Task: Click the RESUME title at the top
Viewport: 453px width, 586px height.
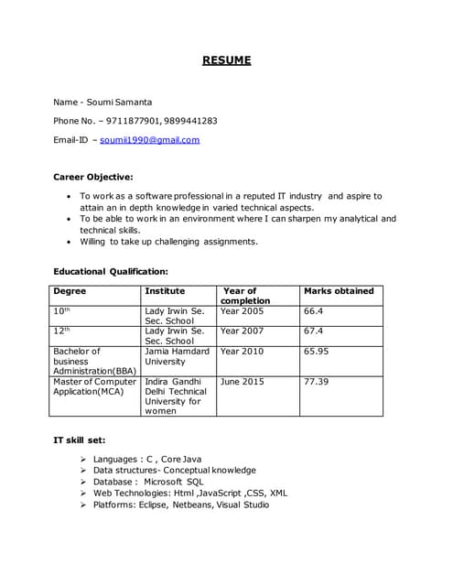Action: tap(226, 61)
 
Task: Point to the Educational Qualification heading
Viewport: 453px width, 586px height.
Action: tap(111, 271)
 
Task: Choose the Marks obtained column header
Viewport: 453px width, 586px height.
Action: tap(339, 291)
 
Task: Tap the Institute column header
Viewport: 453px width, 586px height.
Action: tap(165, 291)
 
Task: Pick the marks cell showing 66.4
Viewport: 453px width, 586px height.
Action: tap(314, 311)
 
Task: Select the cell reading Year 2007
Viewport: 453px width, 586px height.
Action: tap(242, 331)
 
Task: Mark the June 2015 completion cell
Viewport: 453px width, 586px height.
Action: tap(242, 381)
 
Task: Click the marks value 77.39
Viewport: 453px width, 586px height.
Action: tap(317, 381)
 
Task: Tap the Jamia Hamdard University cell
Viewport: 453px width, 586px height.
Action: tap(177, 356)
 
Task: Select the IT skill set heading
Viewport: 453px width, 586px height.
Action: tap(80, 440)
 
